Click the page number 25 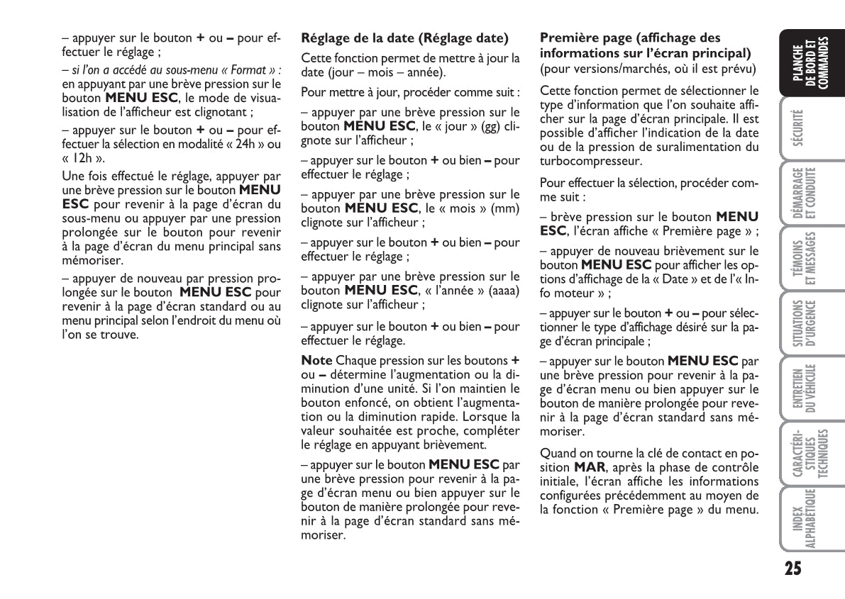pos(793,569)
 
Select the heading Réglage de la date pos(405,38)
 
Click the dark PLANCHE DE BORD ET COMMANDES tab pos(810,66)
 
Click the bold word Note pos(316,360)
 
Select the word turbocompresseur pos(589,161)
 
